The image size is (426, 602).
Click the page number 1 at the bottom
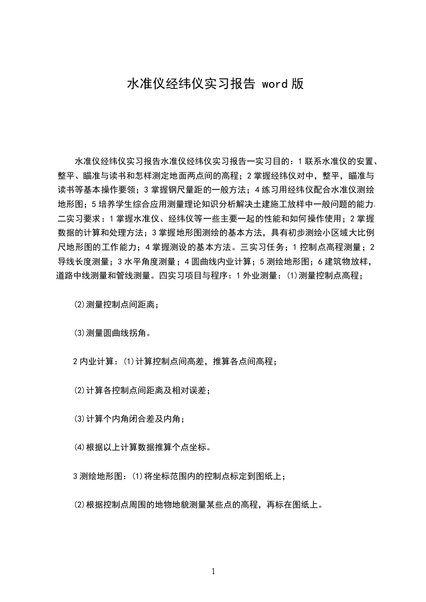[x=213, y=571]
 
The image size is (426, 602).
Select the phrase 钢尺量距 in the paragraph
[x=183, y=189]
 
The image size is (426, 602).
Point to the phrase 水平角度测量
[x=148, y=262]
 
